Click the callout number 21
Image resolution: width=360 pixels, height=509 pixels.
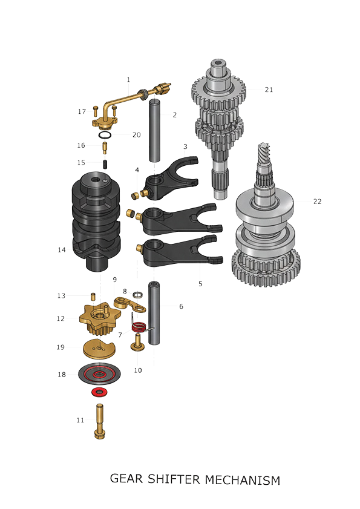(x=269, y=90)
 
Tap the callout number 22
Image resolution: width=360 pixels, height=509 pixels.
(x=317, y=202)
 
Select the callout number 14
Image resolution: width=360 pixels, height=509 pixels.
(x=62, y=249)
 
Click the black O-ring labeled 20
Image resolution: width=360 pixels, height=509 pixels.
(x=105, y=135)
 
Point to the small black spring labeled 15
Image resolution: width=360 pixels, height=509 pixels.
(x=105, y=164)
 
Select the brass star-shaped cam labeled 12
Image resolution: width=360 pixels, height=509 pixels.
(x=100, y=317)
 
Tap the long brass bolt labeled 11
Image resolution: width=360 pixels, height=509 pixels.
(x=99, y=421)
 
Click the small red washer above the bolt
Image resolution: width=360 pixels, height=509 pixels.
(x=99, y=392)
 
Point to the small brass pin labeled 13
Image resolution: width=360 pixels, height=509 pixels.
(x=93, y=296)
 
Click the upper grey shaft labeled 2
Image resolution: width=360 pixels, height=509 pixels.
(x=154, y=131)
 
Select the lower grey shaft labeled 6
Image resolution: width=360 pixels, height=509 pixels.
(x=154, y=314)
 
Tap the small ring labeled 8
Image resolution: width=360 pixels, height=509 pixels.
(x=137, y=294)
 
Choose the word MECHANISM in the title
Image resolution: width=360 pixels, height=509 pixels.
(x=243, y=480)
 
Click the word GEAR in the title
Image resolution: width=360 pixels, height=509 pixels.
(x=126, y=479)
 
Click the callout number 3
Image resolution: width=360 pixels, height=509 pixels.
(x=185, y=146)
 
